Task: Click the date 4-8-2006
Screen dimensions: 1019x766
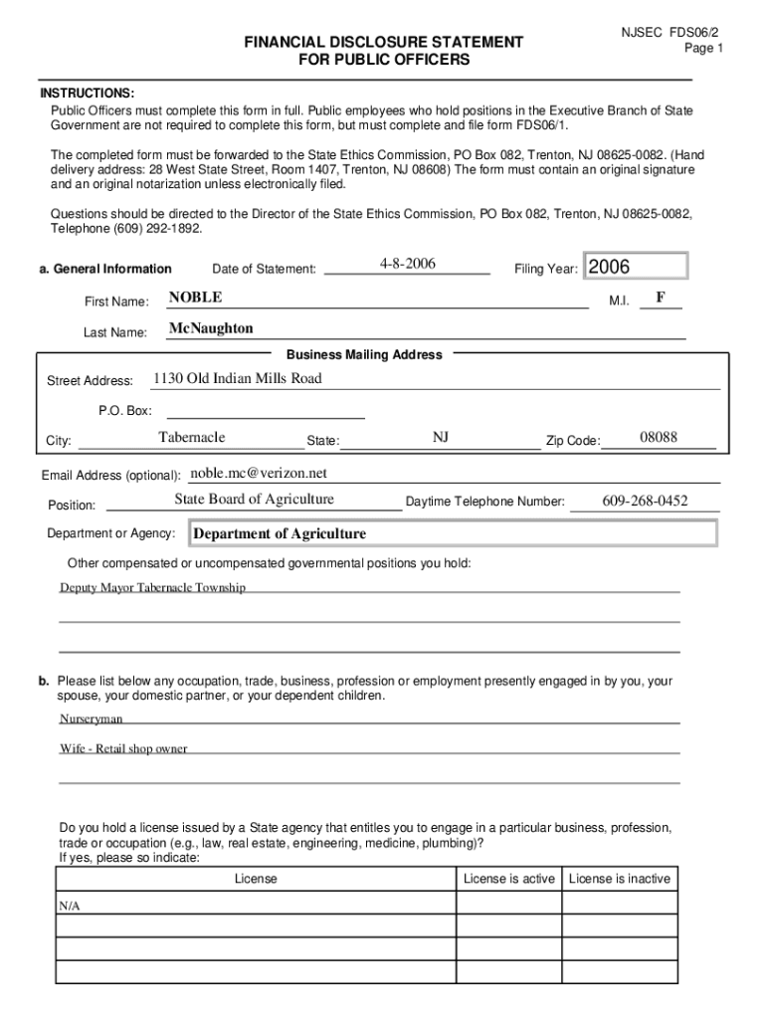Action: [408, 264]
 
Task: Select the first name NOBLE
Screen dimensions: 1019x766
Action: [196, 298]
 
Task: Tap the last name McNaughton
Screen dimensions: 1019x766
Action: [211, 328]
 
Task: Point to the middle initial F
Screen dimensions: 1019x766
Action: [661, 297]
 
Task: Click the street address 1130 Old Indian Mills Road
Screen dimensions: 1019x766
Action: [237, 378]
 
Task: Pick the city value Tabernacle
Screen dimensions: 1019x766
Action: [192, 438]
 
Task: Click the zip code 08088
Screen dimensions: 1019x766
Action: [659, 438]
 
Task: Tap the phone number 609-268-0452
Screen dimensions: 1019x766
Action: [645, 501]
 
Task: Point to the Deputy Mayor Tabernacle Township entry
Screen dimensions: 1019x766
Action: [152, 587]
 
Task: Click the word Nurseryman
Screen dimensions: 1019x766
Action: [92, 717]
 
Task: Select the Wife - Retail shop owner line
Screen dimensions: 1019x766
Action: [123, 748]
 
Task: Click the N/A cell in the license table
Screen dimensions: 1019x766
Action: [70, 907]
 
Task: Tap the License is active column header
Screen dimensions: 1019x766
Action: [509, 879]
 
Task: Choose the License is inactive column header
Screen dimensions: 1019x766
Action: [620, 879]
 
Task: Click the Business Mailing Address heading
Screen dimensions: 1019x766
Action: [364, 354]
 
